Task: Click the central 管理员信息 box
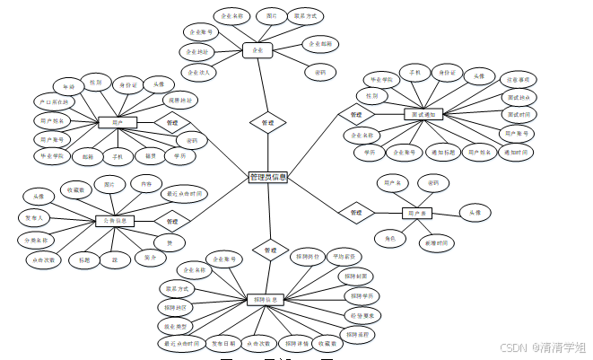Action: [x=267, y=178]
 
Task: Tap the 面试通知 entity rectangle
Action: [x=423, y=115]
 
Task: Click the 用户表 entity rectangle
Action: [x=416, y=213]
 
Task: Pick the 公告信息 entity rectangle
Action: [x=114, y=220]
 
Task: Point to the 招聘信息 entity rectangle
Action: [x=266, y=299]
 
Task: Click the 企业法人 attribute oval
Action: [x=198, y=72]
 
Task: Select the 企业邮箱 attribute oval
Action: [x=319, y=43]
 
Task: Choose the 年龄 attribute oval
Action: [x=65, y=85]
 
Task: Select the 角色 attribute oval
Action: [x=390, y=238]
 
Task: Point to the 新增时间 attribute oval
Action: [x=434, y=243]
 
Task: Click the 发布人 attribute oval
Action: [x=34, y=218]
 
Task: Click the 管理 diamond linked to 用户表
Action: [x=356, y=213]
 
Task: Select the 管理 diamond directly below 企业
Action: [x=267, y=121]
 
